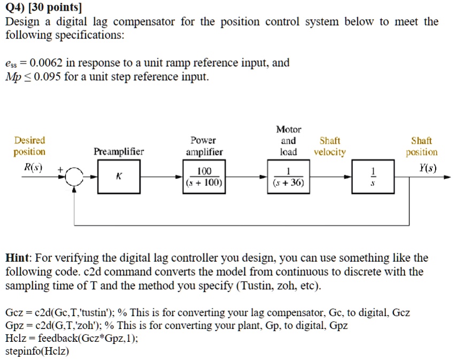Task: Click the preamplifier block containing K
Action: pyautogui.click(x=119, y=178)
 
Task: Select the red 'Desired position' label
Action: pyautogui.click(x=29, y=146)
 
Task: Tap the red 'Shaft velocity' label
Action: pyautogui.click(x=329, y=146)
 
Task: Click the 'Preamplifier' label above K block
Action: pyautogui.click(x=119, y=152)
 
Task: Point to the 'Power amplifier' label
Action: pyautogui.click(x=204, y=146)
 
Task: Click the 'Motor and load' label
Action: pyautogui.click(x=289, y=140)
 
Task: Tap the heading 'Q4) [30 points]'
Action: pyautogui.click(x=43, y=7)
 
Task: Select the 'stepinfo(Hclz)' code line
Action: pyautogui.click(x=37, y=351)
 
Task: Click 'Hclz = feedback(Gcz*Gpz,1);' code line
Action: pyautogui.click(x=72, y=339)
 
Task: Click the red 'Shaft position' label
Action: pyautogui.click(x=421, y=146)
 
